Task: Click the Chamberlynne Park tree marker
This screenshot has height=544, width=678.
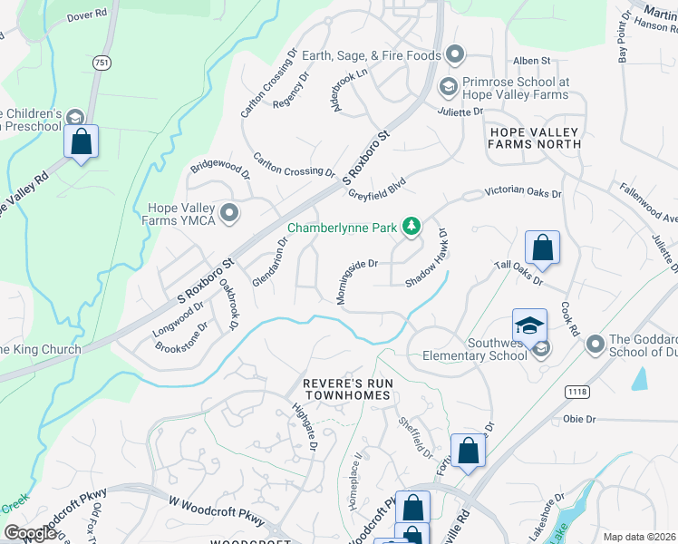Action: (412, 226)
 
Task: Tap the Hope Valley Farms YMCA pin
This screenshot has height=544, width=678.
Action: (230, 213)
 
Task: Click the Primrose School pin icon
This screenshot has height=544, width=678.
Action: (446, 87)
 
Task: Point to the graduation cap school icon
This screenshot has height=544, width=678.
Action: (529, 325)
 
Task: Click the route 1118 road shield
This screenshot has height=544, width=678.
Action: (576, 390)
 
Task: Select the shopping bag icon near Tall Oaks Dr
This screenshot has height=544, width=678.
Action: (541, 247)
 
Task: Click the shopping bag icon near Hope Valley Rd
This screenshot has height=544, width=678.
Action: (82, 141)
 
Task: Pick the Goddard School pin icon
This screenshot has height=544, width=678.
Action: (596, 343)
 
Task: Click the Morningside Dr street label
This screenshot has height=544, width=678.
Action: (357, 271)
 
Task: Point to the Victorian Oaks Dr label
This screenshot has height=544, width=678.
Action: (523, 193)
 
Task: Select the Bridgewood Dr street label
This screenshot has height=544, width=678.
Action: (219, 168)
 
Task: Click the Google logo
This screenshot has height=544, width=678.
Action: (30, 533)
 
